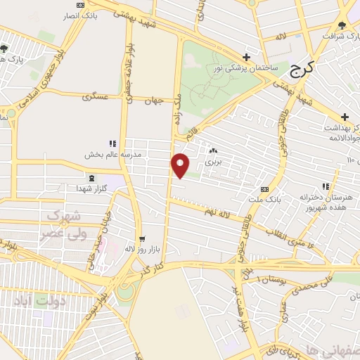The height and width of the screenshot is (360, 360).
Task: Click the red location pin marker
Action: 181,165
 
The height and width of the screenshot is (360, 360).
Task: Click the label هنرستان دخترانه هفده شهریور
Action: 326,202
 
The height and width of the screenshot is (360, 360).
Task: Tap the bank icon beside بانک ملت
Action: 264,189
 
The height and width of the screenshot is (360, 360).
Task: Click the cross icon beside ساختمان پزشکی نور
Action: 246,57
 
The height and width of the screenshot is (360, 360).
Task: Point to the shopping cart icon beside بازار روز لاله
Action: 142,239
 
